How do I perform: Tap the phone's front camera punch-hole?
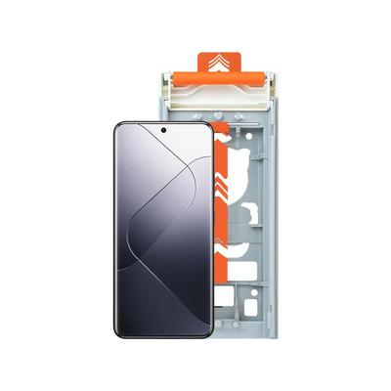click(162, 130)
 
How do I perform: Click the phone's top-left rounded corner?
click(119, 127)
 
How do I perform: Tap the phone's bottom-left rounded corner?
click(119, 331)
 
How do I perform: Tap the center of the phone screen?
click(162, 231)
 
